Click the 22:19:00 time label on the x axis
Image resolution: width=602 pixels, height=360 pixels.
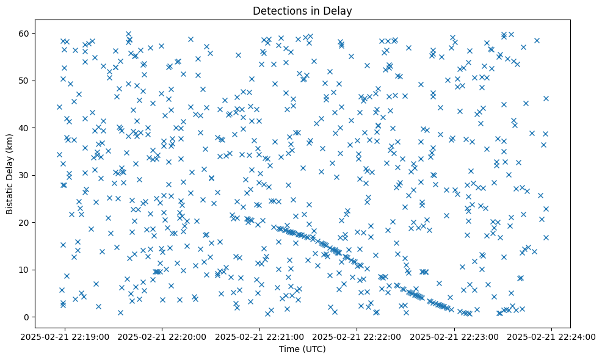tap(66, 336)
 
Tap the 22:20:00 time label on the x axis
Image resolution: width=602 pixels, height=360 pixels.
tap(163, 336)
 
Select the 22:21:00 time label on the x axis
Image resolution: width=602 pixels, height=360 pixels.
tap(260, 336)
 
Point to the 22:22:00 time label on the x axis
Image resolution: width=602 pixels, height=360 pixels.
tap(357, 336)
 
